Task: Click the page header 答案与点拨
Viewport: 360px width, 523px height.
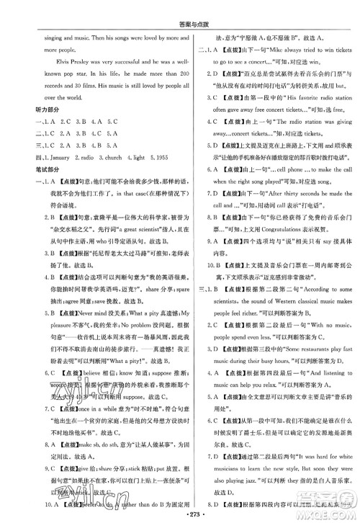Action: point(179,7)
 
